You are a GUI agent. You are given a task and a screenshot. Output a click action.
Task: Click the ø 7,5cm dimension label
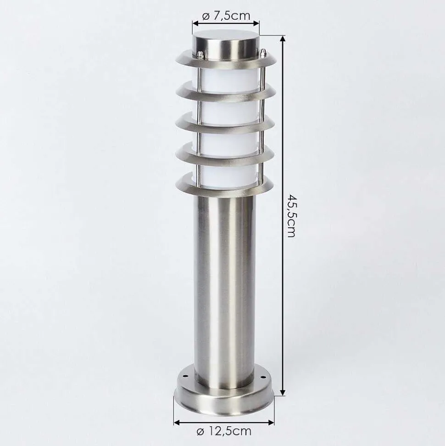[226, 16]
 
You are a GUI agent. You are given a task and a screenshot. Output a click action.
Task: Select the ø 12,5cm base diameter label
[224, 431]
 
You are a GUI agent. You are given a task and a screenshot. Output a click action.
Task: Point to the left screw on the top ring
[200, 55]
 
